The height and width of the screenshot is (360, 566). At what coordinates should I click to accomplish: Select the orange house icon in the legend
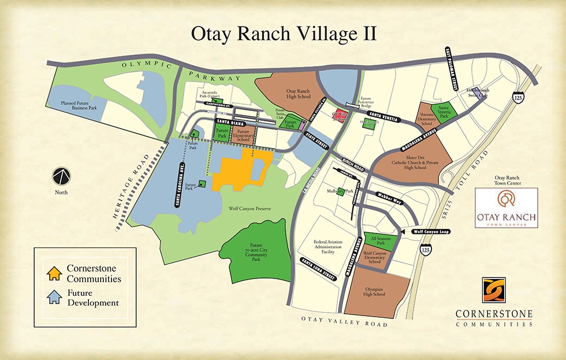point(54,272)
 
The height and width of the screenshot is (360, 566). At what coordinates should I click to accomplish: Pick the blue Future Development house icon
point(54,297)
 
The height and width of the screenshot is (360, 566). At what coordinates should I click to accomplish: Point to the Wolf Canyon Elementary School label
point(374,257)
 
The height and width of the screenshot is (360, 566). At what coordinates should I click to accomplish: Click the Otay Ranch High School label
point(298,94)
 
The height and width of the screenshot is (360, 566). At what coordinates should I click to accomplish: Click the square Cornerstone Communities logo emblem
point(493,290)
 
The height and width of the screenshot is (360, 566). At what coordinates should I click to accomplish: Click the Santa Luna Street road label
point(318,270)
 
